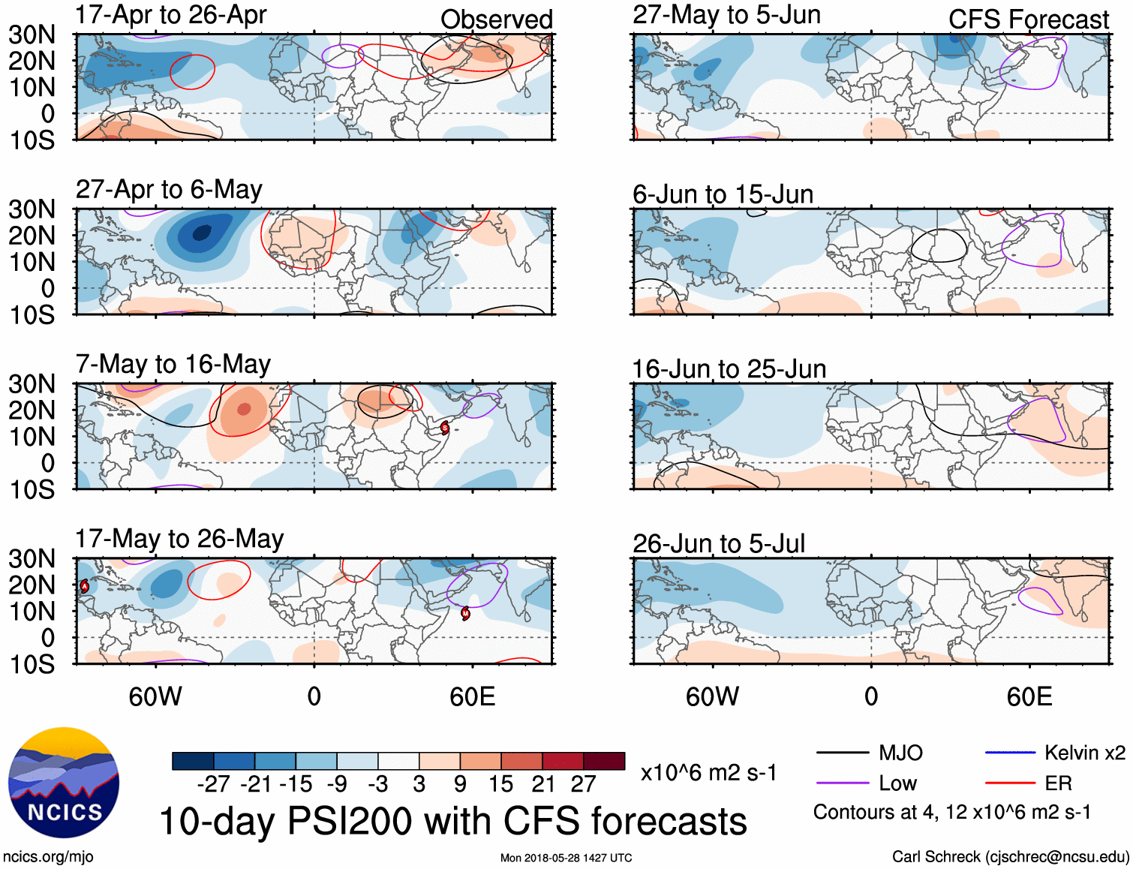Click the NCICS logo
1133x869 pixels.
click(64, 783)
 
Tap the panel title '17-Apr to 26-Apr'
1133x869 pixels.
click(170, 15)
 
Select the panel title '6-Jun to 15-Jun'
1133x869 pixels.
click(723, 194)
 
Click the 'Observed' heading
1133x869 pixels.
click(496, 20)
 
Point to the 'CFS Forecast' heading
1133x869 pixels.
click(1028, 20)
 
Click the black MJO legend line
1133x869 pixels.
click(842, 753)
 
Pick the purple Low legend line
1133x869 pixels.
click(842, 783)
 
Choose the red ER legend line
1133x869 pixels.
click(1010, 783)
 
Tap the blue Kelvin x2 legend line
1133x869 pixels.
click(1010, 753)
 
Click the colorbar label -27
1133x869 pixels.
click(213, 784)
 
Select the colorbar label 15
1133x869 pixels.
click(500, 784)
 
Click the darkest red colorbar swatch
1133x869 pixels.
click(604, 761)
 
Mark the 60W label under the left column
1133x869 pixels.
click(155, 696)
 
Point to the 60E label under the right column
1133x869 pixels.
click(1029, 696)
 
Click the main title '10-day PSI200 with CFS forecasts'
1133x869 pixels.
click(453, 821)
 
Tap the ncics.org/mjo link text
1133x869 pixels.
click(48, 857)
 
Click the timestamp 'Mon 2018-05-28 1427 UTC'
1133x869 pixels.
click(566, 858)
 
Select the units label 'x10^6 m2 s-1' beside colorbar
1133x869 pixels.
click(708, 773)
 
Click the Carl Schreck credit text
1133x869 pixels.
click(1010, 857)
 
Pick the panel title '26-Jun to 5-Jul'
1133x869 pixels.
click(718, 543)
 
